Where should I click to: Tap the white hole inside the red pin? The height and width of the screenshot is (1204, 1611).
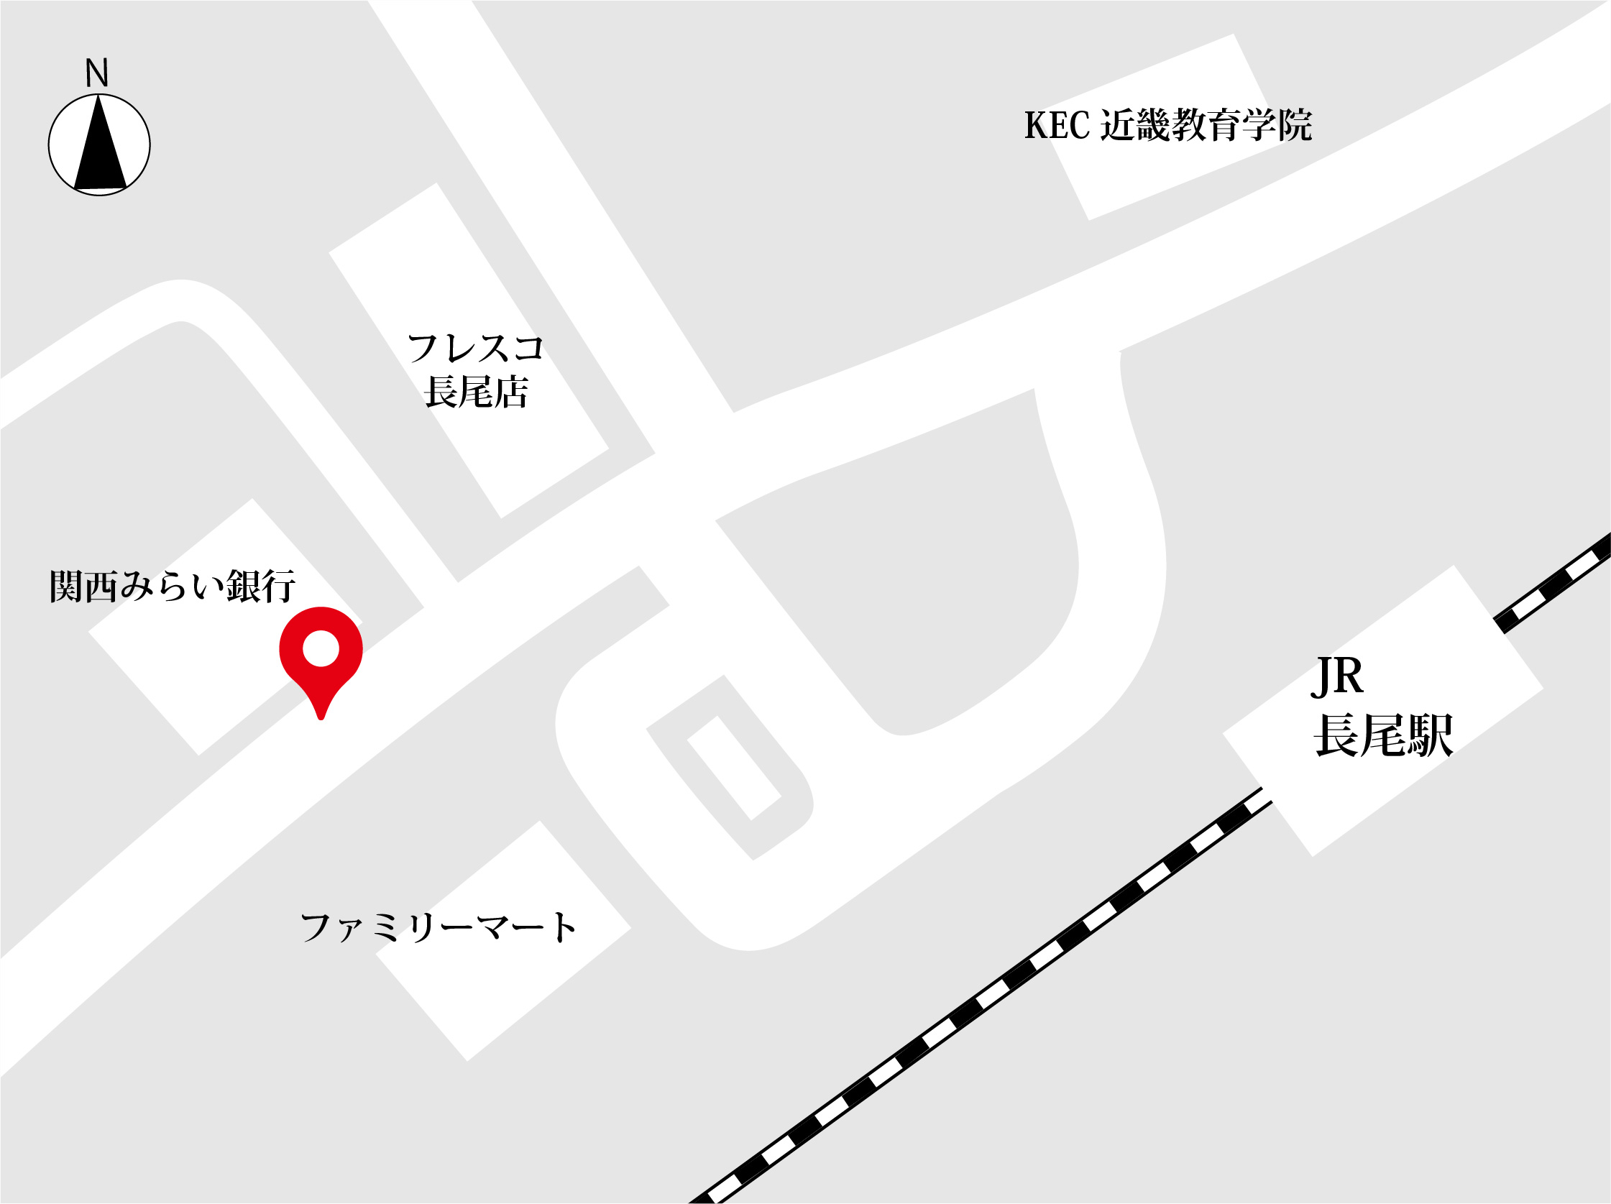point(321,648)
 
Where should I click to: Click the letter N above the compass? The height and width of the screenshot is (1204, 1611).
point(97,73)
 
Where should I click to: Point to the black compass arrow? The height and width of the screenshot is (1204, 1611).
point(100,150)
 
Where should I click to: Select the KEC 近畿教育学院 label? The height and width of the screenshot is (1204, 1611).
point(1167,125)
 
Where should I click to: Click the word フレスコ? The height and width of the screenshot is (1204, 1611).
point(476,348)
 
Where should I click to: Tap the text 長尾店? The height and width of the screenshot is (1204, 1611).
point(477,392)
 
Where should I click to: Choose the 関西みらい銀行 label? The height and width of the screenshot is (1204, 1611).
point(172,587)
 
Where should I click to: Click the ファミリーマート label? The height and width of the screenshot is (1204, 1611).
point(439,927)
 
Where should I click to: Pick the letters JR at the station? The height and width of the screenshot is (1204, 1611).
point(1337,677)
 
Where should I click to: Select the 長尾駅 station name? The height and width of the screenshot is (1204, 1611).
point(1383,735)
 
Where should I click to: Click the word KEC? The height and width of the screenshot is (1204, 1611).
point(1057,125)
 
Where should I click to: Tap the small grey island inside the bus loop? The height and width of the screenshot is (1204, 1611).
point(733,768)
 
